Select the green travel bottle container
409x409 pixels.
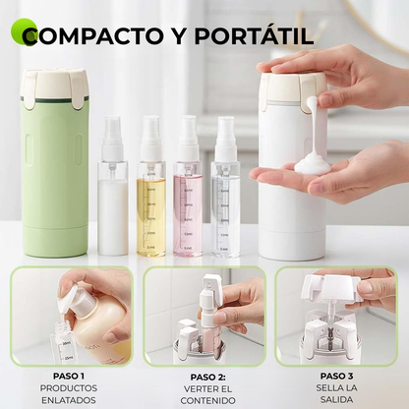(x=55, y=167)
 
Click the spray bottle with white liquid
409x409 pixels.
(x=113, y=197)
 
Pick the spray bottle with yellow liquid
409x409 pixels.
(x=150, y=197)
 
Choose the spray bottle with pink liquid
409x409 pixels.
(x=188, y=197)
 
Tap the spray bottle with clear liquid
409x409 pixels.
(x=225, y=197)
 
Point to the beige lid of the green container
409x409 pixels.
(x=55, y=88)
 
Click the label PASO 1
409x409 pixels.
(x=70, y=377)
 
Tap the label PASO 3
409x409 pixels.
(x=336, y=376)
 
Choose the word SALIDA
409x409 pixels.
(x=336, y=399)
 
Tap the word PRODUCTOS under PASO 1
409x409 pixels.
(x=70, y=388)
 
